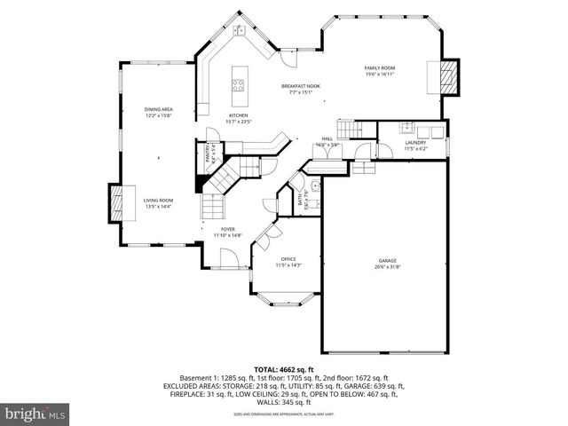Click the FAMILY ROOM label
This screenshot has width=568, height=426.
pyautogui.click(x=379, y=68)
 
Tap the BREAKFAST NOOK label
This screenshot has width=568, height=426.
pyautogui.click(x=301, y=86)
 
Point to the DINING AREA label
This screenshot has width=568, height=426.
pyautogui.click(x=158, y=109)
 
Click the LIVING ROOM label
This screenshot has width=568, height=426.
pyautogui.click(x=158, y=201)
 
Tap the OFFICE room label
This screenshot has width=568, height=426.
pyautogui.click(x=288, y=258)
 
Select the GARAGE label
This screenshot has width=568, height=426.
pyautogui.click(x=383, y=260)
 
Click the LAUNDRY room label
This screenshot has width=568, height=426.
pyautogui.click(x=415, y=143)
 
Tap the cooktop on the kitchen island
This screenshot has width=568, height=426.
pyautogui.click(x=238, y=85)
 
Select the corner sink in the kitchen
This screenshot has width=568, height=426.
pyautogui.click(x=240, y=31)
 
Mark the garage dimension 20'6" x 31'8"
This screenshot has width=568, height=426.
pyautogui.click(x=383, y=266)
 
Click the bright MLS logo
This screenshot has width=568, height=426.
pyautogui.click(x=35, y=414)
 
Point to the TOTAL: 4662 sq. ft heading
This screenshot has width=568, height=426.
pyautogui.click(x=284, y=369)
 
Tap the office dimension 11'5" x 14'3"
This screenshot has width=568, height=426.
pyautogui.click(x=288, y=264)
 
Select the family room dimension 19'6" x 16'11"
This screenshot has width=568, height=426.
pyautogui.click(x=379, y=75)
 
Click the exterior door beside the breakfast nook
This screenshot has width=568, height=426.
pyautogui.click(x=289, y=55)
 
